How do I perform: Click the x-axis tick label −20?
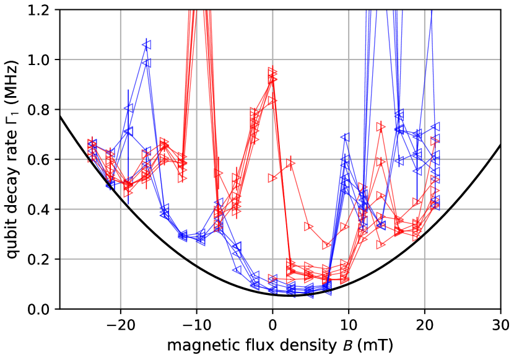(x=120, y=325)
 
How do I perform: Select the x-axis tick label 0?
(x=272, y=325)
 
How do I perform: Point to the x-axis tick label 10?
(x=349, y=325)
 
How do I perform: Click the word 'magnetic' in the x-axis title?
(x=193, y=344)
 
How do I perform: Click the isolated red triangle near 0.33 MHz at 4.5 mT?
(x=308, y=227)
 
